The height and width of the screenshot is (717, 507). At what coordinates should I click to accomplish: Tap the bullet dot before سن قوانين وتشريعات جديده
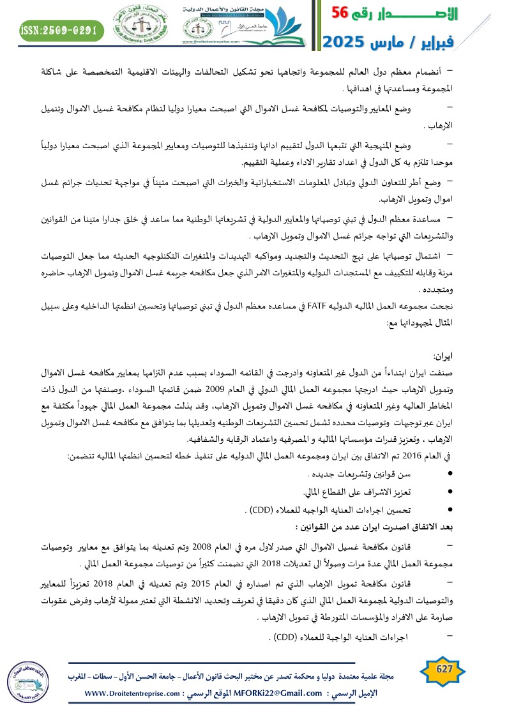pyautogui.click(x=451, y=474)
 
